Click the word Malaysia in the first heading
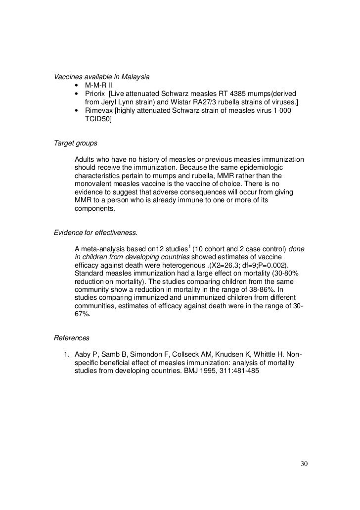(x=135, y=77)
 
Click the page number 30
(x=304, y=464)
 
